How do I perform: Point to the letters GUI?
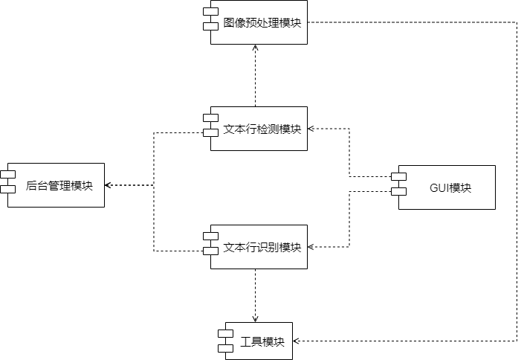tap(440, 187)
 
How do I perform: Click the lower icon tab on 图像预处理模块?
tap(211, 26)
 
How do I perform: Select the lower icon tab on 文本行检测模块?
tap(211, 133)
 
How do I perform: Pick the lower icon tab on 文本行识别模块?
tap(211, 251)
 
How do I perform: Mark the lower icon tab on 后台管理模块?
tap(8, 189)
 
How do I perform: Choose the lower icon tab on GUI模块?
tap(399, 192)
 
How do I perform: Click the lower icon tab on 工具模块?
tap(225, 347)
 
